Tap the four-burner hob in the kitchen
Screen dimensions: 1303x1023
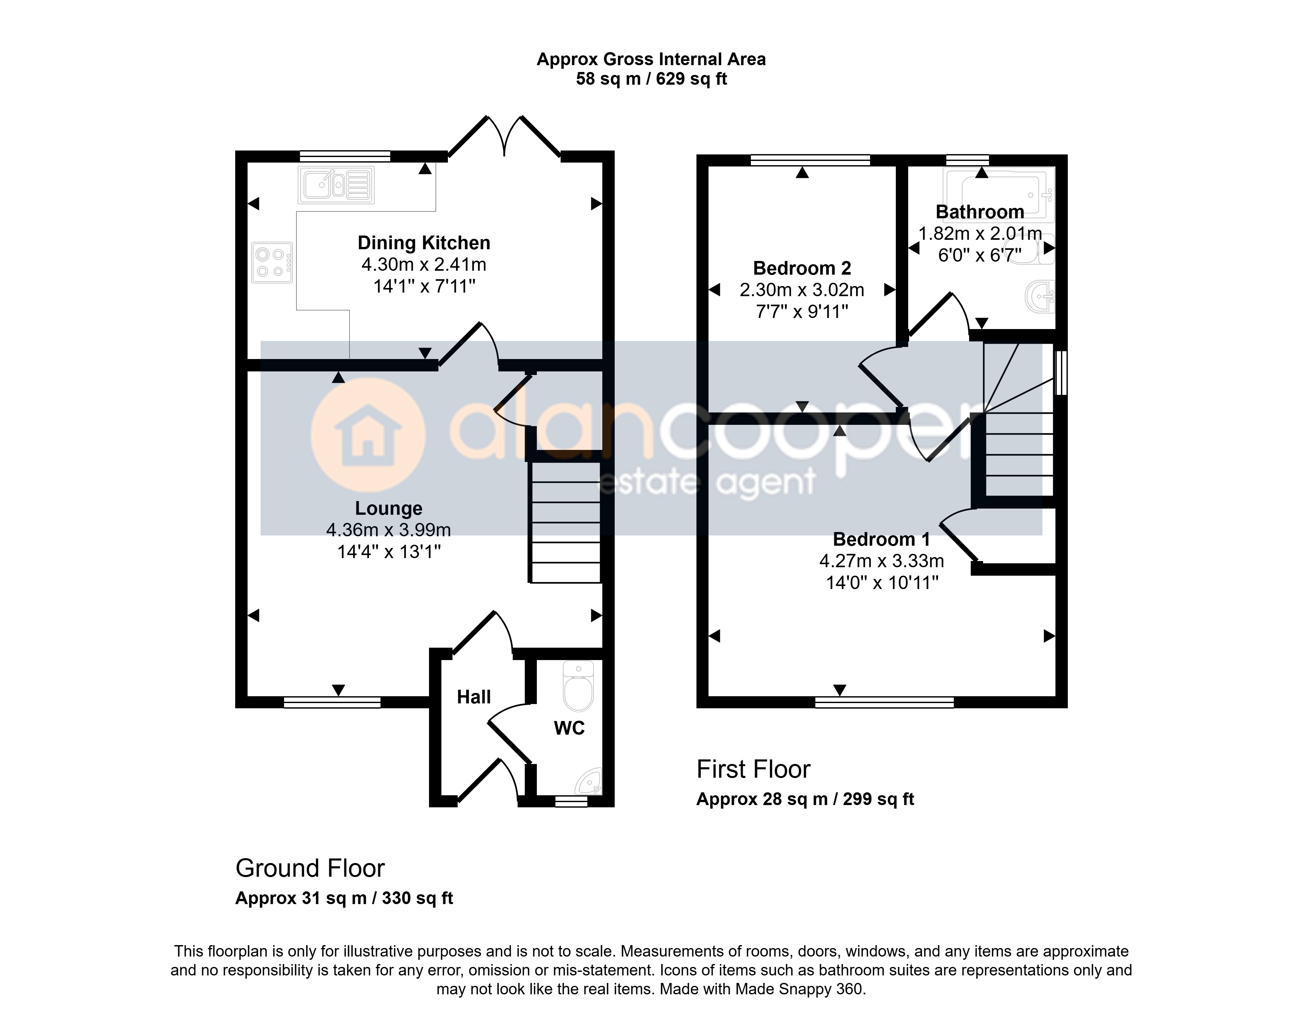[x=272, y=262]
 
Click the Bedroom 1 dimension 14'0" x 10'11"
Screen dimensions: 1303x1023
[x=882, y=582]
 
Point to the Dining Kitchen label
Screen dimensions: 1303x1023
[x=424, y=243]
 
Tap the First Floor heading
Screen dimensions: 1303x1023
[x=753, y=769]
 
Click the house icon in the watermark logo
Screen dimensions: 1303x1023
[x=368, y=435]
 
